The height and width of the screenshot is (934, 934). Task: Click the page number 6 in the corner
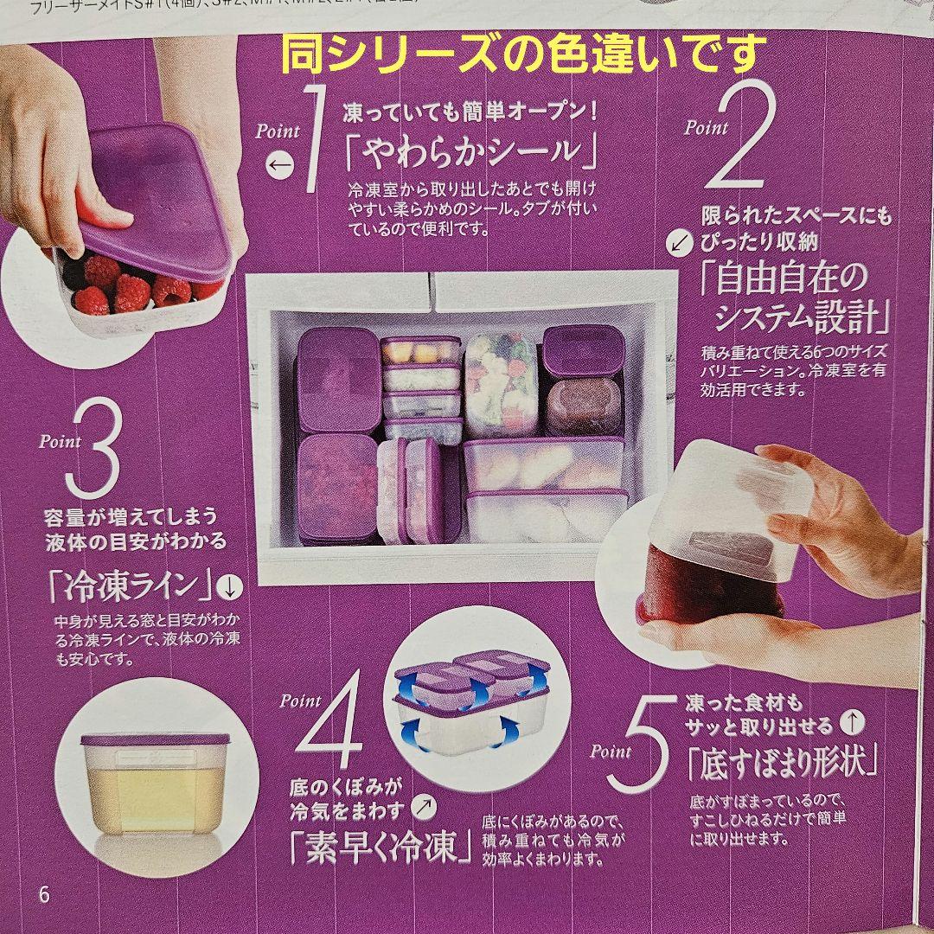[x=44, y=893]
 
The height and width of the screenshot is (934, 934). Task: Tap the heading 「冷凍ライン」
[x=131, y=587]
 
